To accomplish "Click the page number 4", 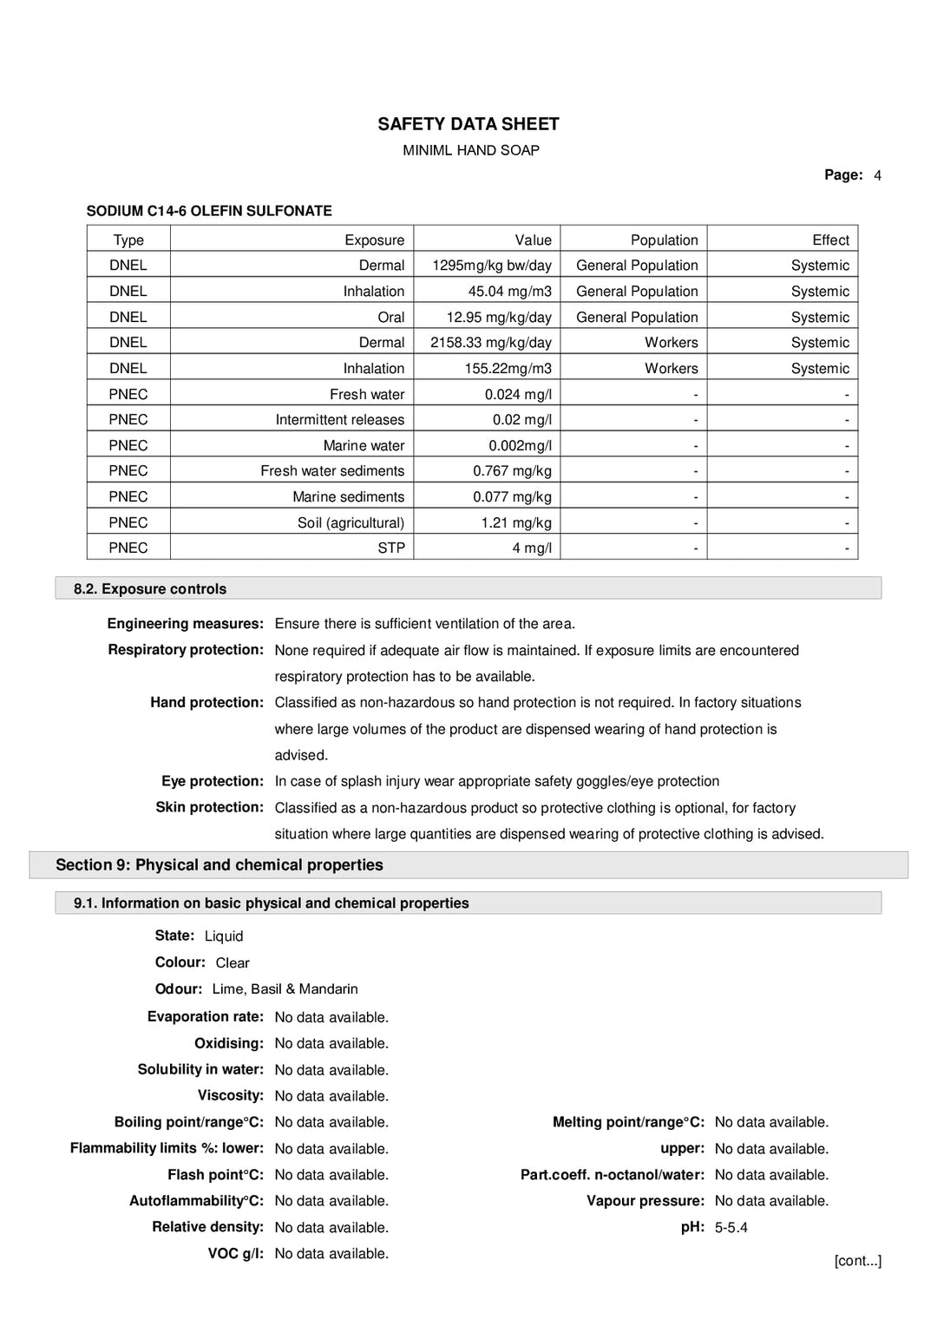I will point(877,175).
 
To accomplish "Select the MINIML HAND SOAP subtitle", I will point(470,150).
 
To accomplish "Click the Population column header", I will point(664,240).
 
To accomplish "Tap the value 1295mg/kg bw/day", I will point(491,266).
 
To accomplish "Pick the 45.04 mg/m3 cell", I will point(509,292).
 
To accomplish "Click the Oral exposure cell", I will point(390,317).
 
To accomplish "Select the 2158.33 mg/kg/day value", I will point(490,343).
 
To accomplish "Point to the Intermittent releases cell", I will point(339,419).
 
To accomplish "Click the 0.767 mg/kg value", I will point(512,470).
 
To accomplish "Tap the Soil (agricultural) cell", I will point(351,522).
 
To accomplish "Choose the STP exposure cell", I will point(390,548).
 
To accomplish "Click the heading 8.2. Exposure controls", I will point(150,588).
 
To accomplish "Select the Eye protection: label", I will point(212,781).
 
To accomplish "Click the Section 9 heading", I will point(219,864).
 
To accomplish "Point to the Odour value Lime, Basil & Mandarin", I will point(285,988).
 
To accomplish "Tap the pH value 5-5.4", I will point(731,1227).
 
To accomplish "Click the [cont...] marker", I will point(857,1260).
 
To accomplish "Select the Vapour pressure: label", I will point(645,1201).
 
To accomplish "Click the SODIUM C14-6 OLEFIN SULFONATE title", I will point(209,211).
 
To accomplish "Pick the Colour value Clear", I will point(232,962).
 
